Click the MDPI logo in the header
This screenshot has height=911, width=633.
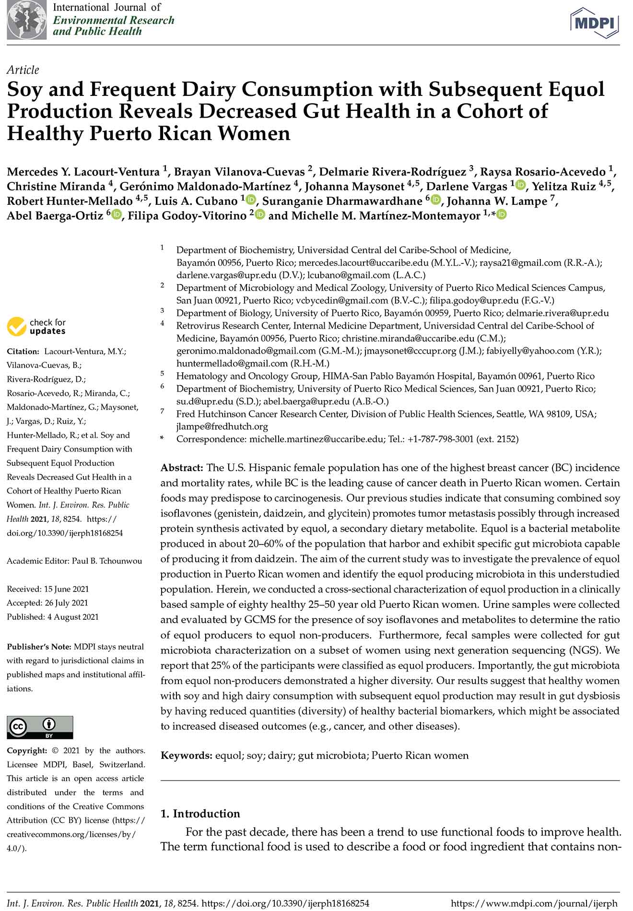click(594, 22)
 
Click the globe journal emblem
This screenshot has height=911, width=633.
click(27, 20)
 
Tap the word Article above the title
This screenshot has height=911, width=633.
click(23, 70)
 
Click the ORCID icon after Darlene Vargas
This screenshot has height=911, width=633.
click(520, 185)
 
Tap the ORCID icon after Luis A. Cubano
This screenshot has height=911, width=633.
click(251, 200)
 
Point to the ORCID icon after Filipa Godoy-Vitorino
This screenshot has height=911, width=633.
click(260, 214)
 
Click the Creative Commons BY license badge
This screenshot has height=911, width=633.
click(40, 727)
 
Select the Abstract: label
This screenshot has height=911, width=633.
click(182, 468)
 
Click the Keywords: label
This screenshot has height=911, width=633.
click(186, 756)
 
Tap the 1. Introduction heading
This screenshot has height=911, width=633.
click(200, 814)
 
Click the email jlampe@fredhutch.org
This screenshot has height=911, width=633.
click(222, 426)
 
